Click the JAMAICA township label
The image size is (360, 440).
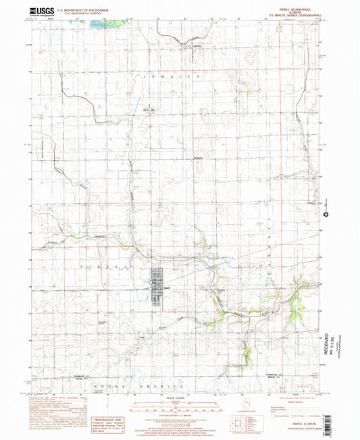tap(169, 80)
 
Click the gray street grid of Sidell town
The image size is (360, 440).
tap(158, 287)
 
